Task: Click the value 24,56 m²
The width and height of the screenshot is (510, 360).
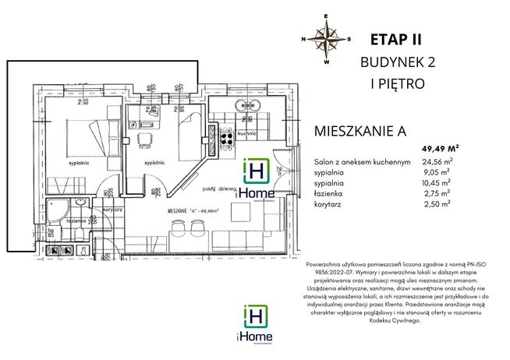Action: (440, 161)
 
